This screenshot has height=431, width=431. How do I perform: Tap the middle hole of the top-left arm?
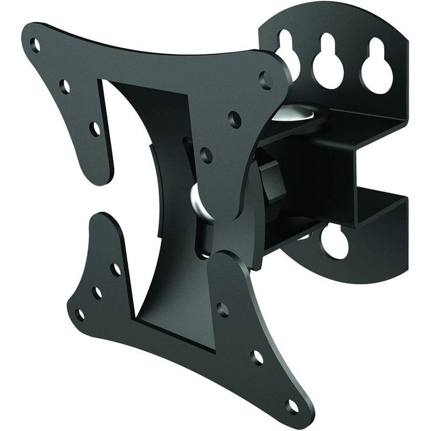65,85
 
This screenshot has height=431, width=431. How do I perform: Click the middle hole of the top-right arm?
234,116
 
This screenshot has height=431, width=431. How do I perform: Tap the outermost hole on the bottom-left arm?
80,314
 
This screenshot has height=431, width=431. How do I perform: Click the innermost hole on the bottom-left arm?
115,268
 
